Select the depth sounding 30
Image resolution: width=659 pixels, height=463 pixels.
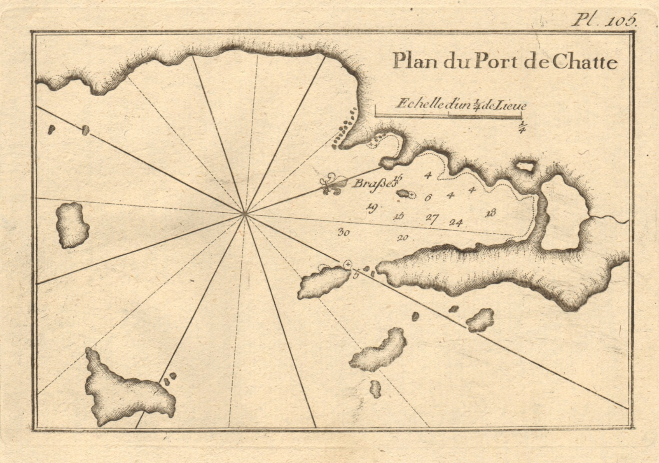[x=344, y=233]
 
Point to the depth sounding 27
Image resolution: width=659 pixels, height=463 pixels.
[x=431, y=218]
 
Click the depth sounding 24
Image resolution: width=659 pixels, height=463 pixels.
[x=456, y=223]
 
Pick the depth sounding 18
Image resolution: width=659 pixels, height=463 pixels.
[x=490, y=213]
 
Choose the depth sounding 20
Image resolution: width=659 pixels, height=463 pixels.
[x=402, y=237]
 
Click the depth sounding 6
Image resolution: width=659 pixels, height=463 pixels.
[x=428, y=198]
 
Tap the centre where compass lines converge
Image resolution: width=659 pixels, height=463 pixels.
[x=245, y=214]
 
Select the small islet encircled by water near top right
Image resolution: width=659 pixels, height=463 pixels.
[x=524, y=166]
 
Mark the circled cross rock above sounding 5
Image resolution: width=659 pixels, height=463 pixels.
[x=348, y=263]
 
